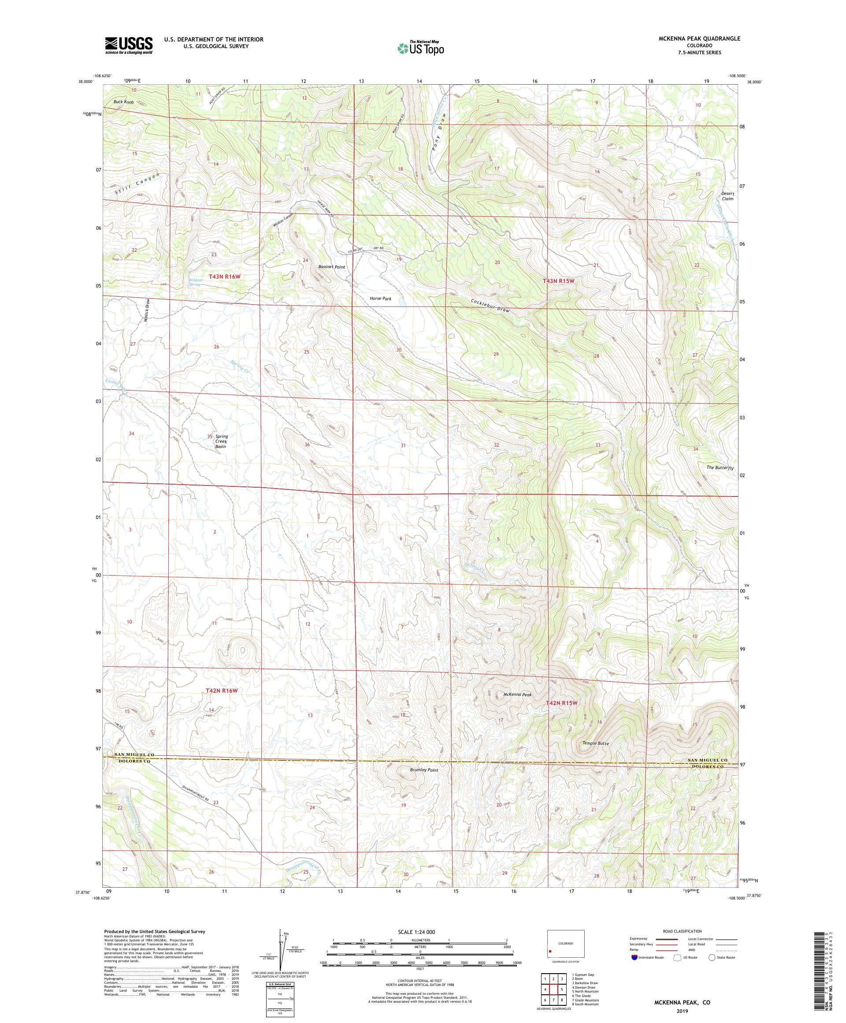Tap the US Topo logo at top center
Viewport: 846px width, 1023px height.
click(x=421, y=48)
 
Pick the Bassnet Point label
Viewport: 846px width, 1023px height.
click(x=331, y=267)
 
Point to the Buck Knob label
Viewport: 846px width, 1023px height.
click(x=123, y=102)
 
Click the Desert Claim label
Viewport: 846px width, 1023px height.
click(x=727, y=196)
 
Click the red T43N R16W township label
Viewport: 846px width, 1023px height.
click(x=225, y=276)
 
